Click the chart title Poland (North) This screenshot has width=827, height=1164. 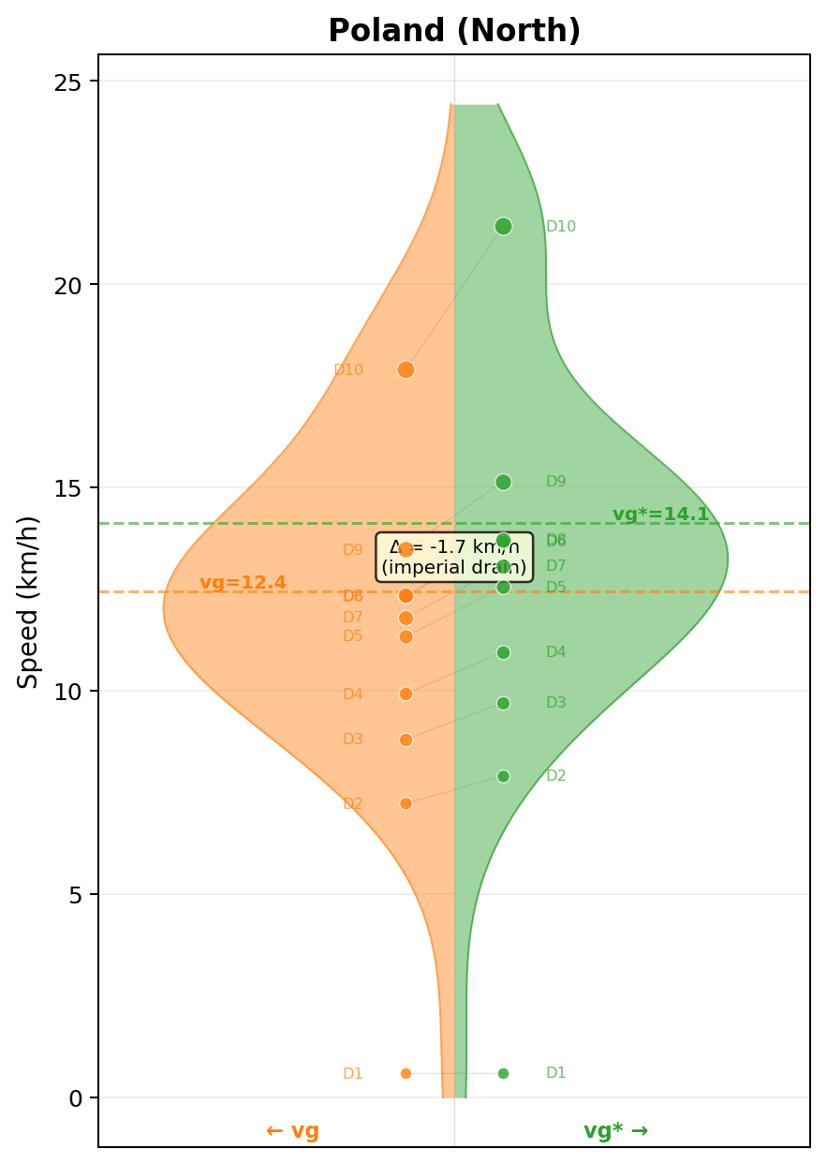pyautogui.click(x=454, y=31)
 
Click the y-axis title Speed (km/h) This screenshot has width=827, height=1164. pyautogui.click(x=29, y=601)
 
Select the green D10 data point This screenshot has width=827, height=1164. pyautogui.click(x=503, y=226)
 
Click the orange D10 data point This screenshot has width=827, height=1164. pyautogui.click(x=406, y=369)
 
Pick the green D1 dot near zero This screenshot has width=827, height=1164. pyautogui.click(x=503, y=1073)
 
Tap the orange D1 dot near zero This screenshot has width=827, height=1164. pyautogui.click(x=406, y=1073)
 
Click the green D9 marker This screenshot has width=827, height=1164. pyautogui.click(x=503, y=482)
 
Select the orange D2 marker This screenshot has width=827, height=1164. pyautogui.click(x=406, y=803)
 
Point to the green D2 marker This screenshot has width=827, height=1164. pyautogui.click(x=503, y=776)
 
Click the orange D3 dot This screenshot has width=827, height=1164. pyautogui.click(x=406, y=739)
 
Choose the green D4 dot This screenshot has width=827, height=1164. pyautogui.click(x=503, y=652)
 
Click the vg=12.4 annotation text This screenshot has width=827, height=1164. pyautogui.click(x=243, y=583)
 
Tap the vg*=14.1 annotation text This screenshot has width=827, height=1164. pyautogui.click(x=660, y=515)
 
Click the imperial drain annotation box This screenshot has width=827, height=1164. pyautogui.click(x=454, y=557)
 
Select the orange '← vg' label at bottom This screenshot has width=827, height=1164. pyautogui.click(x=292, y=1130)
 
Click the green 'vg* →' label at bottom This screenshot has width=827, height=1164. pyautogui.click(x=615, y=1130)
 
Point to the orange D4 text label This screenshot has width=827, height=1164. pyautogui.click(x=352, y=694)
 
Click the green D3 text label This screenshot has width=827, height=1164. pyautogui.click(x=555, y=703)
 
